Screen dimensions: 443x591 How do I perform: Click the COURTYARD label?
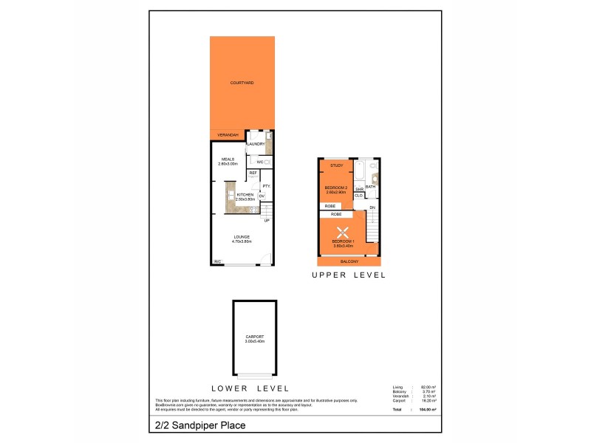click(242, 83)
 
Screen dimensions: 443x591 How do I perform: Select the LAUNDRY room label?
click(256, 145)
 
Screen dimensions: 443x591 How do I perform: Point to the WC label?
click(260, 162)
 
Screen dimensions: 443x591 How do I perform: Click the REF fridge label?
click(253, 174)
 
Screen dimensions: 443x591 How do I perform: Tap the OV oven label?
click(262, 196)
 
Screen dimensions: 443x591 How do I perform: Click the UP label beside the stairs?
click(266, 220)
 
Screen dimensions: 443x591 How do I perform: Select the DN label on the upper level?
click(372, 207)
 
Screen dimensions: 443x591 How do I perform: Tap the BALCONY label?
click(349, 261)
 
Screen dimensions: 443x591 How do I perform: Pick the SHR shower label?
click(358, 189)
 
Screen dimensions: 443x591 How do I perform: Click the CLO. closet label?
click(358, 196)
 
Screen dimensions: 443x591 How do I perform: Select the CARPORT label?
click(254, 337)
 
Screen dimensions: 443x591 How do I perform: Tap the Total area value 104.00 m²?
click(428, 409)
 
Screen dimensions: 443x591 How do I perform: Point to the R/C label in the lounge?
click(218, 261)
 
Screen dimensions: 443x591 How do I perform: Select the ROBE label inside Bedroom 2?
click(330, 206)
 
